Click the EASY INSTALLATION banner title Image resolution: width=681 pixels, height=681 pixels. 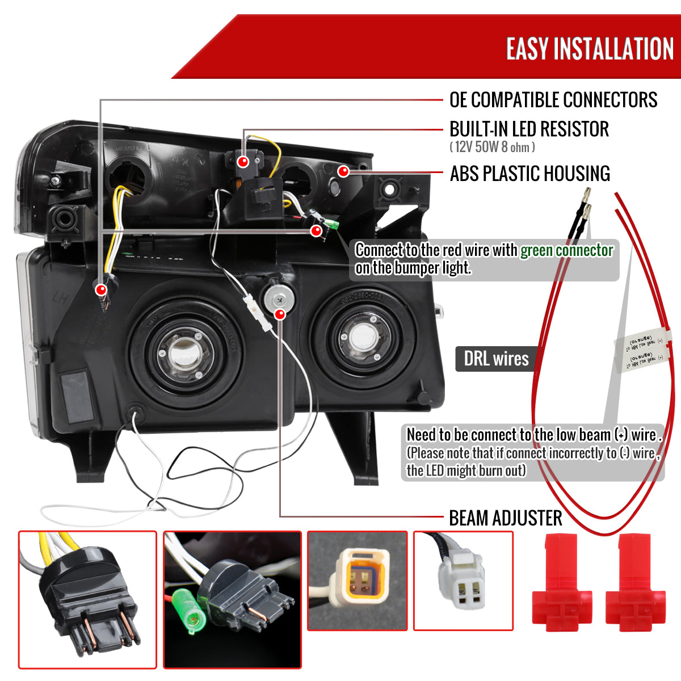click(x=590, y=49)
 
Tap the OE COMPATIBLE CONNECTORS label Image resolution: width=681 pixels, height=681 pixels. click(x=553, y=100)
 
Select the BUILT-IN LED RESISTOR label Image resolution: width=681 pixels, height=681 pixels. click(x=529, y=129)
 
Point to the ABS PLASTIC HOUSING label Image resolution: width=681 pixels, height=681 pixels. click(x=529, y=174)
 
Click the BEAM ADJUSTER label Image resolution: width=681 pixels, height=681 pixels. click(x=505, y=518)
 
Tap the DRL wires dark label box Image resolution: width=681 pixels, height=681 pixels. click(x=496, y=359)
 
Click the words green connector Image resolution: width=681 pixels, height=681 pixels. click(x=566, y=250)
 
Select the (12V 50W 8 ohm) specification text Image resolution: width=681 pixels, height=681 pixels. click(x=492, y=148)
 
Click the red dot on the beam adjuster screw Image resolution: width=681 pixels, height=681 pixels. click(x=280, y=314)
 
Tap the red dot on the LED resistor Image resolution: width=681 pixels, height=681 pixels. click(x=243, y=162)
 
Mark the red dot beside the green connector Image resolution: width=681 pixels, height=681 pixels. click(x=316, y=230)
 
